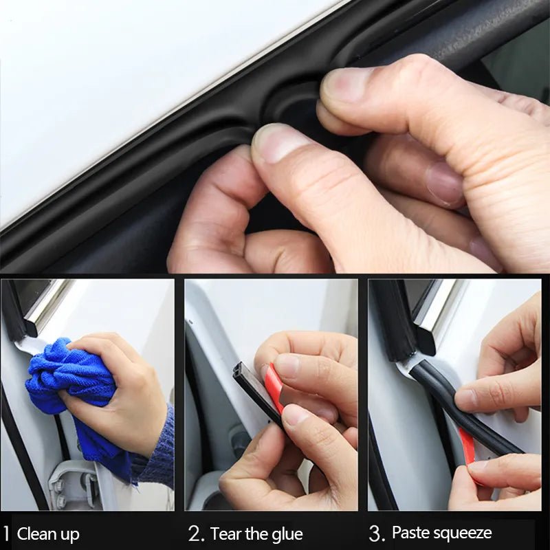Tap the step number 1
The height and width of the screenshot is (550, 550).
click(x=6, y=533)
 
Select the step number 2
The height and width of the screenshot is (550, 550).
click(x=195, y=533)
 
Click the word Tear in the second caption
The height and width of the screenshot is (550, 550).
click(x=226, y=534)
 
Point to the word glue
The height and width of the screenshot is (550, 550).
click(x=286, y=535)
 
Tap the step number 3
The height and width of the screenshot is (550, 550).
click(x=375, y=533)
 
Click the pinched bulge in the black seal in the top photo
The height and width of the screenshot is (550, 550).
click(x=289, y=110)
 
